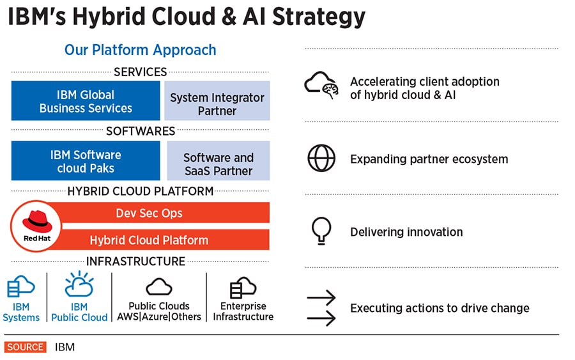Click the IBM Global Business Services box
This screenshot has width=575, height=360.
click(86, 101)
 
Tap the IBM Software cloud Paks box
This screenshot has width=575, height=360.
click(86, 161)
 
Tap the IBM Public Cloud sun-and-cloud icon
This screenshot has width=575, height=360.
click(79, 285)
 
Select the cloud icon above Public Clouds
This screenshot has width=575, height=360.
click(159, 286)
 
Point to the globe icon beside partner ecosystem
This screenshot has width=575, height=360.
click(321, 159)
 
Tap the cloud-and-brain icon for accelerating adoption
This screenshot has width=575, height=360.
click(321, 86)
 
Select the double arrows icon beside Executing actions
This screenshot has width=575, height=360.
click(321, 308)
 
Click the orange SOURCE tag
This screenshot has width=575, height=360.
click(26, 347)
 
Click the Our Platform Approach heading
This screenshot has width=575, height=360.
click(140, 50)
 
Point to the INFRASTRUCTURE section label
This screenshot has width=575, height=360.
click(135, 262)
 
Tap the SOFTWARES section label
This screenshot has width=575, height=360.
click(141, 131)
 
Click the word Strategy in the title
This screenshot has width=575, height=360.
click(319, 17)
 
